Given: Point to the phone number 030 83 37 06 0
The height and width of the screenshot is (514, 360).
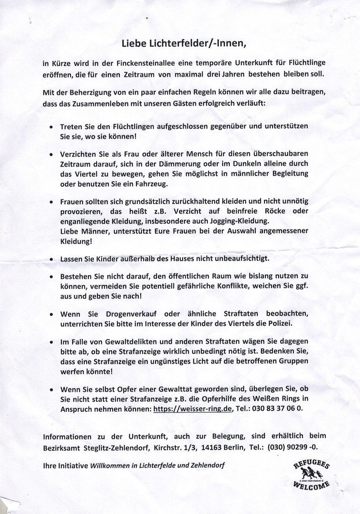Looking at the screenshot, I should [276, 409].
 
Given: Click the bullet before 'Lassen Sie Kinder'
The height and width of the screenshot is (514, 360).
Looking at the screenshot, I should [51, 260].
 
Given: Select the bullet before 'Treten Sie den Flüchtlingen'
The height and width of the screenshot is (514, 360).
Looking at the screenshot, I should [51, 128].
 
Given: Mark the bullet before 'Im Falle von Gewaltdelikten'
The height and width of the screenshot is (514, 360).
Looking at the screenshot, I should [51, 343].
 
